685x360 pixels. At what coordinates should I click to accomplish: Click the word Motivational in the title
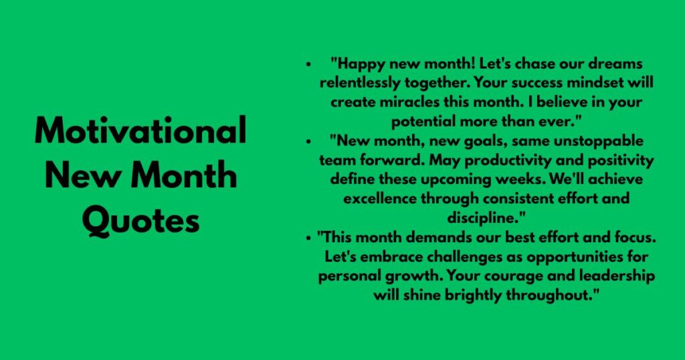tap(140, 131)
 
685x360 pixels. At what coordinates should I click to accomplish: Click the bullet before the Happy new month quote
tap(308, 65)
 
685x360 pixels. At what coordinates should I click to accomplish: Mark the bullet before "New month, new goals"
tap(308, 143)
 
